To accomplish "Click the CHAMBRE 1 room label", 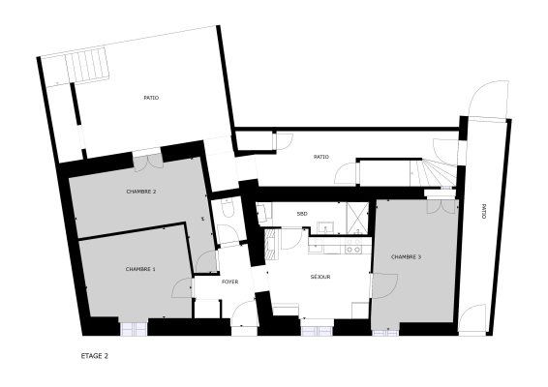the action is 140,269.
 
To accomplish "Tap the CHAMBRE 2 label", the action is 141,192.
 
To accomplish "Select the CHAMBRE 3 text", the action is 406,257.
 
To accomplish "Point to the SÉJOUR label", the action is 320,277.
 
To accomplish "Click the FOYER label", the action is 230,282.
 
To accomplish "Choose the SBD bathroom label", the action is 302,214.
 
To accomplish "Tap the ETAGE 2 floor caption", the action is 94,356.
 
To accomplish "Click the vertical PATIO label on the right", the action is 484,211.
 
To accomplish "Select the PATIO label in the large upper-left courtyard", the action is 151,98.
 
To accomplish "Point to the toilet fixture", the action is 228,209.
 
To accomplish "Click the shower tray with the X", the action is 357,218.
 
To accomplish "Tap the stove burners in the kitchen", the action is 353,246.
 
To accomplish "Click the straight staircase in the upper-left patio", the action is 87,66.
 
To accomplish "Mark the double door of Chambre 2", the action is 148,162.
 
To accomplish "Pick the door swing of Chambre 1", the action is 182,287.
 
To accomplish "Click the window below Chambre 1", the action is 134,329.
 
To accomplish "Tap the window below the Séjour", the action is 317,331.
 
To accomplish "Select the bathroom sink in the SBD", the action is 325,227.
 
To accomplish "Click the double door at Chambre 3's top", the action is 441,207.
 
